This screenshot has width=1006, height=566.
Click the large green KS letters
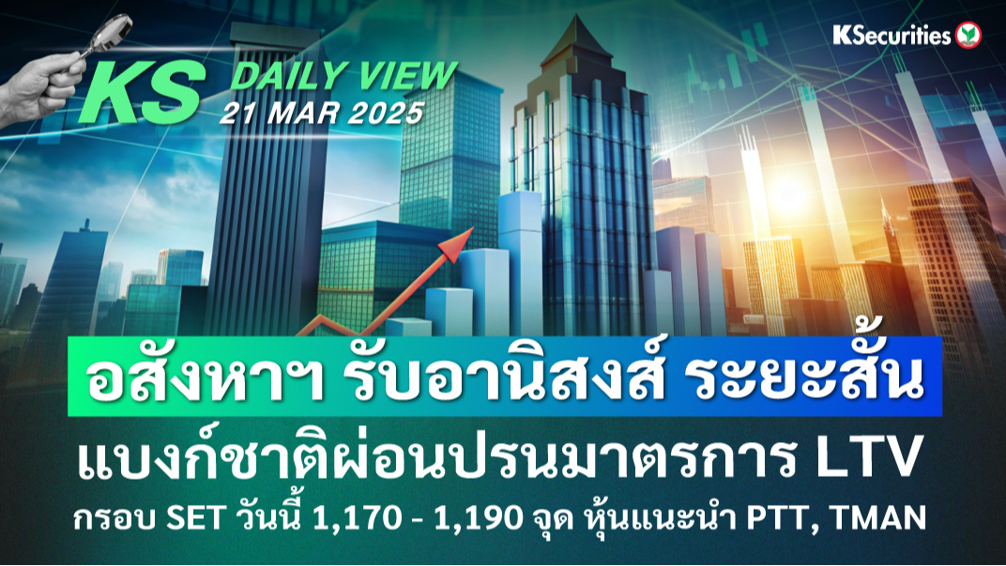tap(141, 92)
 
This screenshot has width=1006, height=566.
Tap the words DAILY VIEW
tap(343, 76)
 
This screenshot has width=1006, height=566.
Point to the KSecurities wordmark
tap(892, 35)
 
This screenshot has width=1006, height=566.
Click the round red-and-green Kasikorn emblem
tap(968, 36)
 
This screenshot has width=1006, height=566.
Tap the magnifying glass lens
tap(114, 28)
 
